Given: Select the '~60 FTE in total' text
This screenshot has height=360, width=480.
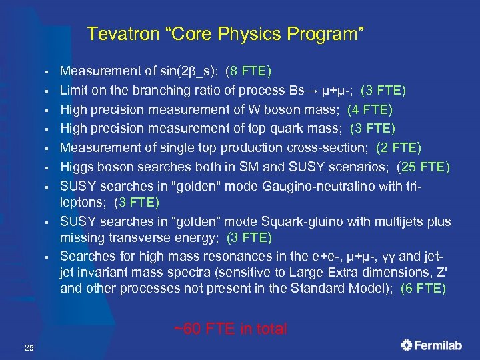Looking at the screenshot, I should tap(230, 329).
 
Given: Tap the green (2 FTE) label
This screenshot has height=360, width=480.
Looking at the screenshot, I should tap(399, 147).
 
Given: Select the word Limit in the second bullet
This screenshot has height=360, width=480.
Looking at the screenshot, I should tap(73, 90).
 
